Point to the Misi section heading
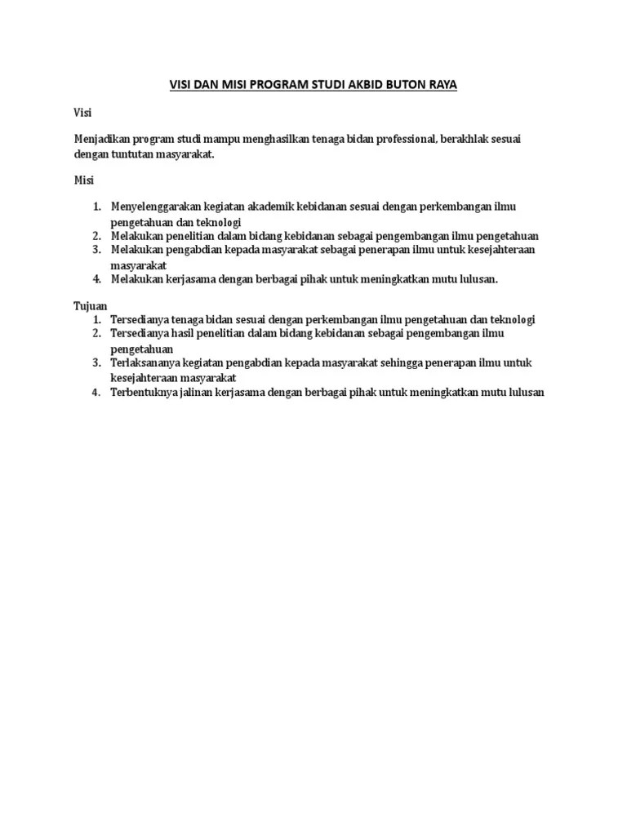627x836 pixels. (83, 180)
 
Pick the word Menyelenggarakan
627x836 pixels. (156, 207)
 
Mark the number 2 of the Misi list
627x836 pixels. (96, 236)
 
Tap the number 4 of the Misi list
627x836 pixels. (96, 278)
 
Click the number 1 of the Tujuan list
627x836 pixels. (96, 320)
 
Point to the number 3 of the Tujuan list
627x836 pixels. (96, 362)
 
